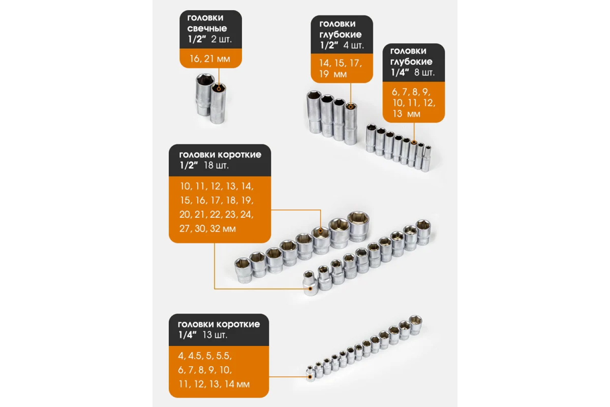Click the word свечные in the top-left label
tap(207, 28)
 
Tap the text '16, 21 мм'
tap(210, 59)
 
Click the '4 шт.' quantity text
tap(353, 45)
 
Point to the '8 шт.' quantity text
tap(424, 72)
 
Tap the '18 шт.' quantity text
tap(216, 165)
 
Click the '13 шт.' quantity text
tap(215, 335)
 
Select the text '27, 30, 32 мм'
tap(207, 229)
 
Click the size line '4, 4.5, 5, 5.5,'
tap(205, 356)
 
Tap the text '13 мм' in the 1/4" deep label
tap(406, 114)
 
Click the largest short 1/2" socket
tap(358, 226)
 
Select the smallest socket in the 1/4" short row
tap(310, 374)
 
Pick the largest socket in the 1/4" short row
tap(415, 325)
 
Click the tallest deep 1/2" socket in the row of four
tap(314, 112)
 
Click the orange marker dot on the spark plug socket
tap(219, 89)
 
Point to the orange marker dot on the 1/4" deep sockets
tap(414, 142)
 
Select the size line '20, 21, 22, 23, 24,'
tap(216, 214)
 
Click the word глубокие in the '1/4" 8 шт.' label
tap(411, 61)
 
